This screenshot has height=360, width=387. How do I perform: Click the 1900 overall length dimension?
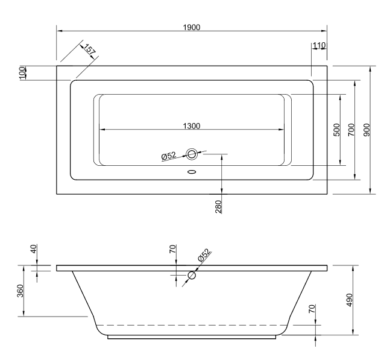point(192,27)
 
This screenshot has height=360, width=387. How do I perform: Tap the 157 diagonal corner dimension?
point(90,51)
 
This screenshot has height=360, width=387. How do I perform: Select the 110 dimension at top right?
point(319,46)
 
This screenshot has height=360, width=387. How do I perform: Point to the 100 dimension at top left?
point(23,72)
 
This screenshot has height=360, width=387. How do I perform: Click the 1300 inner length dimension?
point(192,125)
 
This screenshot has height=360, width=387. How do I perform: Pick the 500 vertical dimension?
point(336,130)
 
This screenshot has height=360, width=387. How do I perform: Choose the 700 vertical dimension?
point(351,130)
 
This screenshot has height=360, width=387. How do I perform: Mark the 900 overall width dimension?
point(367,130)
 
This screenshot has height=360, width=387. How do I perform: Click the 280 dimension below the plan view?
point(218,207)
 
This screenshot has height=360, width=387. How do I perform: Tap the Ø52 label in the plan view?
point(169,156)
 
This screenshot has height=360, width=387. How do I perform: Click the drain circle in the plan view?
point(192,154)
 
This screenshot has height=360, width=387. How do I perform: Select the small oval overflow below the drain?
point(192,171)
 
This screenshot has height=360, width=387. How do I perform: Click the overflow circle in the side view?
point(192,276)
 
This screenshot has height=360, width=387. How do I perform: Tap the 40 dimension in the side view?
point(34,248)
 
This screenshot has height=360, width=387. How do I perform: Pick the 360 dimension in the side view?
point(20,291)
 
